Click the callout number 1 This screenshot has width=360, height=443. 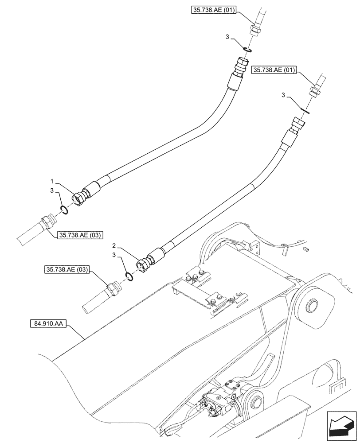click(x=53, y=181)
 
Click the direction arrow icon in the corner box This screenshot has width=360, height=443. click(x=340, y=427)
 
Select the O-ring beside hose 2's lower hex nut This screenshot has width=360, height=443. click(x=129, y=276)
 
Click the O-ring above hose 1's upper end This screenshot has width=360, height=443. click(x=246, y=48)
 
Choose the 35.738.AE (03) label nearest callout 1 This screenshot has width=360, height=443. click(x=79, y=235)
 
